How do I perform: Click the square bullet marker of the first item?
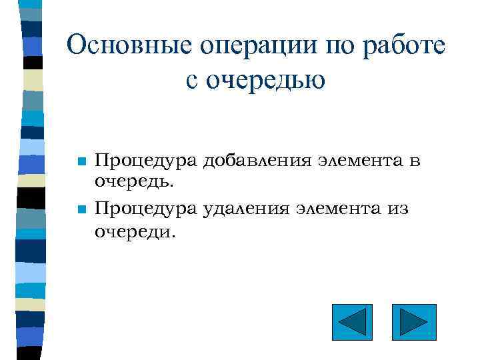coord(81,162)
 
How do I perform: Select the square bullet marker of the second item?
coord(81,210)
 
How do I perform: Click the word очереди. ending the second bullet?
coord(134,232)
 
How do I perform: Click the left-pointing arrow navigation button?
coord(352,323)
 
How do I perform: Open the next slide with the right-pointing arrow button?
coord(414,323)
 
